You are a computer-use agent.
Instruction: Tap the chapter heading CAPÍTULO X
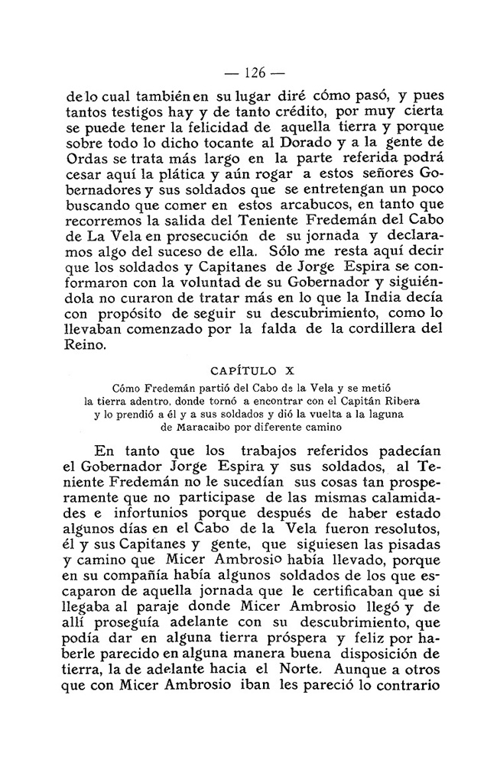249,373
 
